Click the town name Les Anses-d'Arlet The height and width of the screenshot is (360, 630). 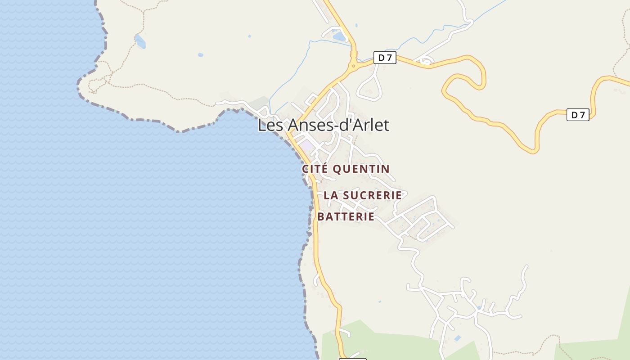323,125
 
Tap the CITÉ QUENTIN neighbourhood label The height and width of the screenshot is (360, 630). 346,169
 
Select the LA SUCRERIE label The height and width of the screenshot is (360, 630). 363,195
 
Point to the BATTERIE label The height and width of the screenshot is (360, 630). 346,216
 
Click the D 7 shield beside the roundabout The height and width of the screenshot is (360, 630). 385,58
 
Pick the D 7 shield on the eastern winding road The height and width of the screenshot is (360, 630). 577,115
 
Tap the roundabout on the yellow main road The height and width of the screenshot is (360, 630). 354,66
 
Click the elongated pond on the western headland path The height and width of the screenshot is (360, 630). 140,41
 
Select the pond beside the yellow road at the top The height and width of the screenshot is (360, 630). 339,35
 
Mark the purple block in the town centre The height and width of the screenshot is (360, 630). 307,145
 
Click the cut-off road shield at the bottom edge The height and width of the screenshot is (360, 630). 352,359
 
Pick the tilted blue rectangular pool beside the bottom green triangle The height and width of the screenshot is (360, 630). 458,338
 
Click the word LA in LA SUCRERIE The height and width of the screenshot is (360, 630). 331,195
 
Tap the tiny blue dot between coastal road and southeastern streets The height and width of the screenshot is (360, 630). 380,301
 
